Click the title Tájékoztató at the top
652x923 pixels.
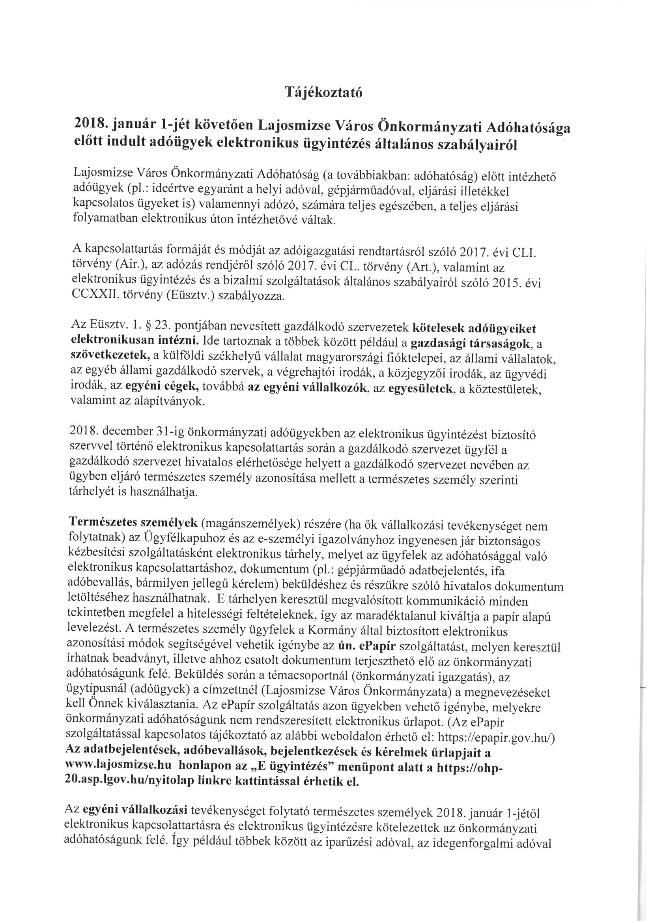[323, 93]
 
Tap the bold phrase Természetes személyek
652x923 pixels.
[133, 522]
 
